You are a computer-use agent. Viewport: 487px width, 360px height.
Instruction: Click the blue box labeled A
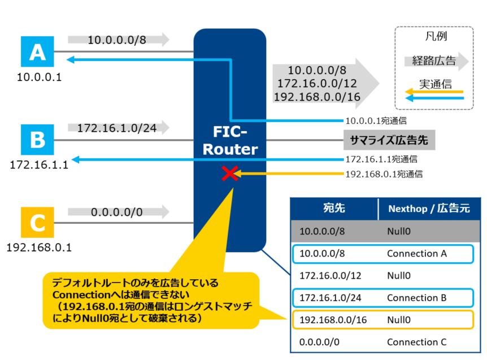click(x=37, y=53)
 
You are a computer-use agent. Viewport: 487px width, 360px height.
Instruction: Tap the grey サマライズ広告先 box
click(x=389, y=140)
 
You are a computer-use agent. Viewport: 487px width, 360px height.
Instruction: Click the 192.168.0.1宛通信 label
click(x=384, y=175)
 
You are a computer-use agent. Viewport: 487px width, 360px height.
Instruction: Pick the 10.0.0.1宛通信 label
click(x=376, y=120)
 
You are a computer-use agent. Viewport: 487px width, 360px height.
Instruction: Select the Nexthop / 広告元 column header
click(x=429, y=209)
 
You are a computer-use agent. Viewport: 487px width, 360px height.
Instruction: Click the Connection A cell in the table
click(x=416, y=254)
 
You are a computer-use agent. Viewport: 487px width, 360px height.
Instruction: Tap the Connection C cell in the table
click(x=416, y=342)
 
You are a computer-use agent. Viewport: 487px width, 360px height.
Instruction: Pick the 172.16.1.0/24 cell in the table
click(x=329, y=298)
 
